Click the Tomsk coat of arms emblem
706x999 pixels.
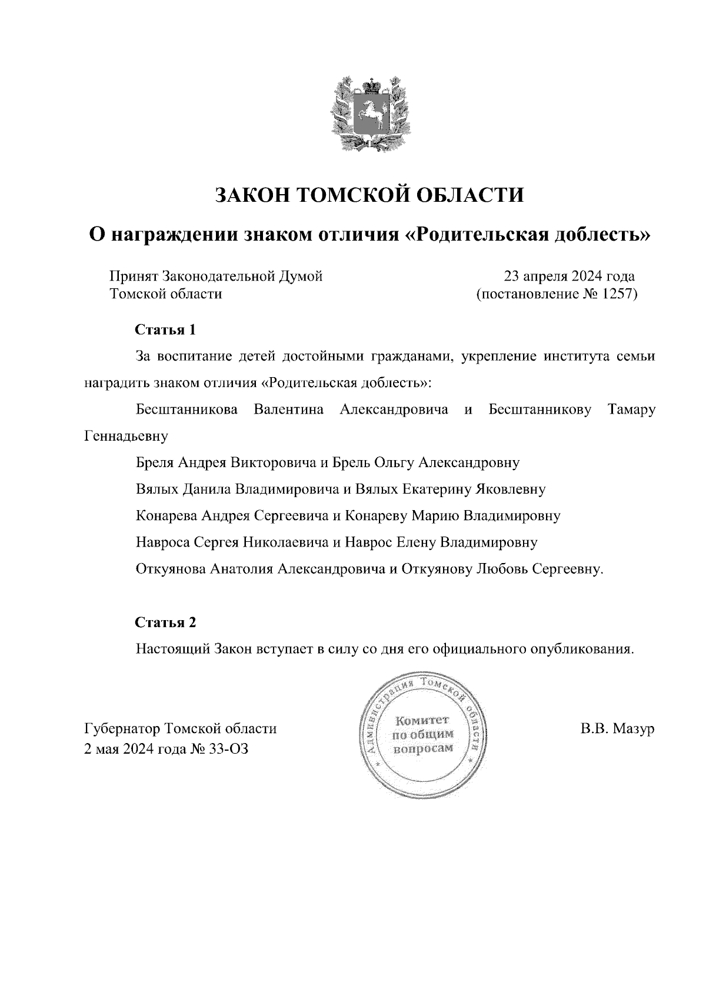coord(368,114)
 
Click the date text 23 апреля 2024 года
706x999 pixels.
coord(568,276)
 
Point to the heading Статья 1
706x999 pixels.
coord(165,329)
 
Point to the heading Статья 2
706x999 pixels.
coord(165,622)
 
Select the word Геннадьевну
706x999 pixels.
coord(126,436)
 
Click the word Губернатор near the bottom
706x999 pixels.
coord(123,729)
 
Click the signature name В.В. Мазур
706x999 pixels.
coord(617,729)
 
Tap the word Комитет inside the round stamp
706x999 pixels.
coord(422,720)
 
